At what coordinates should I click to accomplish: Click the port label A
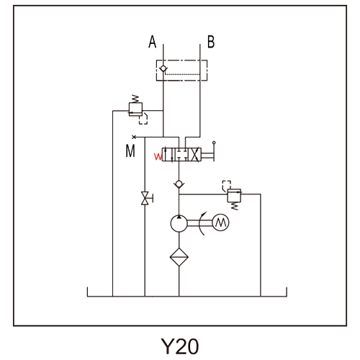coord(153,42)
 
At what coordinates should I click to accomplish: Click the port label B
coord(211,42)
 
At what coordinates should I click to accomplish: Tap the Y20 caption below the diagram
coord(179,346)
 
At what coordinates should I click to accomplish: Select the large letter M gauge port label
coord(130,150)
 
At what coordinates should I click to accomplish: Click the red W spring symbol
coord(158,157)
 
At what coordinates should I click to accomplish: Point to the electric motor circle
coord(221,222)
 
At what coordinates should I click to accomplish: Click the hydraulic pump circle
coord(179,223)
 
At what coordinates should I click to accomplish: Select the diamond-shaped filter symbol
coord(179,257)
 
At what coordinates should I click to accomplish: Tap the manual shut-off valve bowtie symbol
coord(145,198)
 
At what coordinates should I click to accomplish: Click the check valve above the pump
coord(179,184)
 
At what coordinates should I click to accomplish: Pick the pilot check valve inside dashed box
coord(163,68)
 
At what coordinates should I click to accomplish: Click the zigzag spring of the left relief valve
coord(135,99)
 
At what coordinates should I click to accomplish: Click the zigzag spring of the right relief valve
coord(235,206)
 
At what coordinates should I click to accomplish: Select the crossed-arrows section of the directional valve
coord(196,155)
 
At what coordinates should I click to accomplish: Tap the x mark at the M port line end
coord(134,137)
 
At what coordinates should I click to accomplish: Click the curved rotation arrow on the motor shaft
coord(200,223)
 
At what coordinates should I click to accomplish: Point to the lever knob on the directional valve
coord(214,143)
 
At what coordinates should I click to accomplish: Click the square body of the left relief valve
coord(135,109)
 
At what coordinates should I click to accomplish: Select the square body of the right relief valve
coord(234,195)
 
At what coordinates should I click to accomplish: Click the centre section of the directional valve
coord(182,155)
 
